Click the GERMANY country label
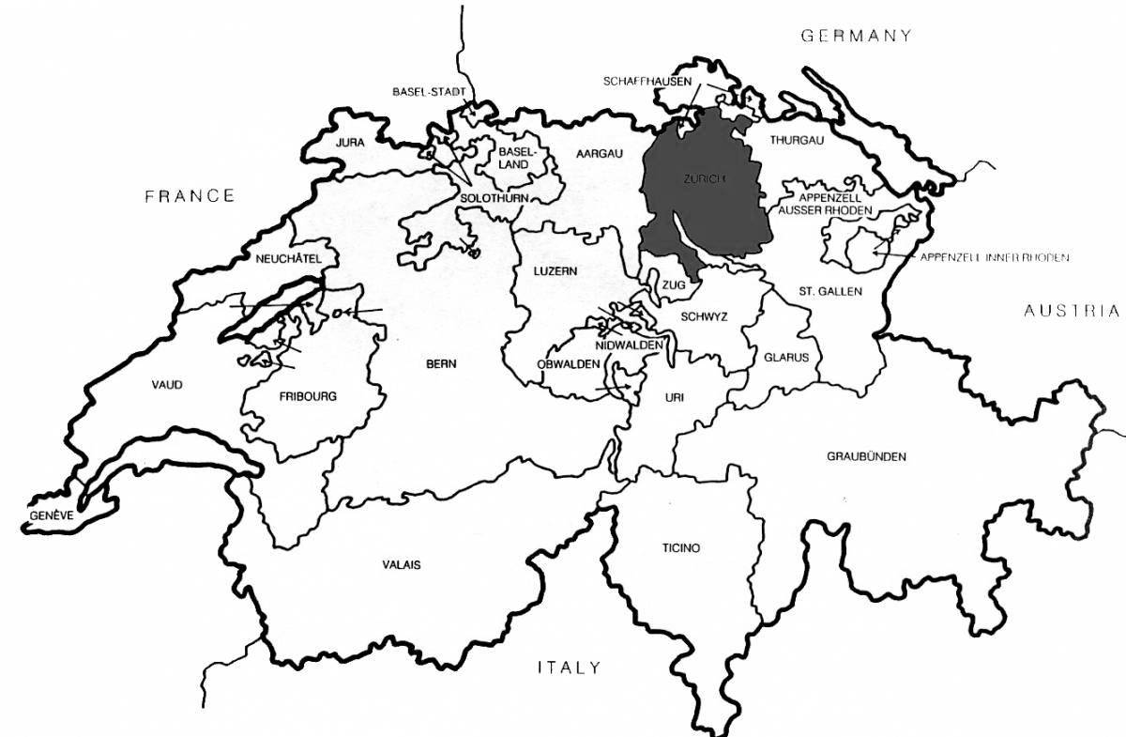pos(855,36)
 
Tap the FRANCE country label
pos(189,195)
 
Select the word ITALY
pos(568,668)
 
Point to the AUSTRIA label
pos(1071,311)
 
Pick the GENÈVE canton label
pos(50,515)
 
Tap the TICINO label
pos(679,547)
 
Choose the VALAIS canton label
pos(402,564)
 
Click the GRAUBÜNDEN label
pos(866,456)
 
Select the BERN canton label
pos(440,363)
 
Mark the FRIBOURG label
pos(307,395)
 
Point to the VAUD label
pos(167,384)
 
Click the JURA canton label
pos(349,144)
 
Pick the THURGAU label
pos(796,140)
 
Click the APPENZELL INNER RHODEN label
pos(995,256)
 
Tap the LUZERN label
pos(555,270)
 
